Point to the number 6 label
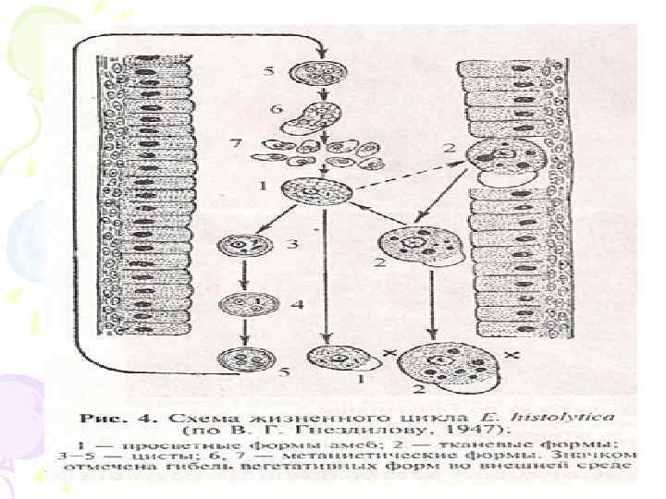[276, 109]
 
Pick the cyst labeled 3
[239, 248]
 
